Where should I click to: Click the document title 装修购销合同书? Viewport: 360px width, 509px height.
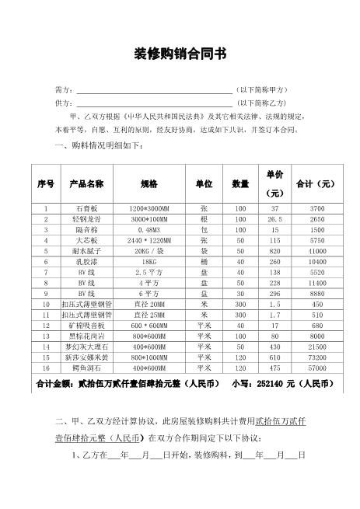180,54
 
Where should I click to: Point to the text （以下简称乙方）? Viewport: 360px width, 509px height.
263,103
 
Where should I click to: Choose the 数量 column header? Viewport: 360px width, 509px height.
240,184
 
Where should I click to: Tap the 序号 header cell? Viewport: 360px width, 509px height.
46,184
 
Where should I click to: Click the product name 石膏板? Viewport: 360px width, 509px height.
86,210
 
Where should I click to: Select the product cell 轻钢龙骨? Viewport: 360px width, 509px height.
86,221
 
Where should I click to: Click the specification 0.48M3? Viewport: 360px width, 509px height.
148,231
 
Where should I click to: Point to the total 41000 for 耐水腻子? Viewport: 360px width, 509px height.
317,253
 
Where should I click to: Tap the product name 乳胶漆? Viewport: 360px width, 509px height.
86,263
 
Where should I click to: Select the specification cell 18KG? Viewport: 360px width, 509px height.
148,263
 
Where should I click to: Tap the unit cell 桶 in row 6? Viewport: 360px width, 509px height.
204,263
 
